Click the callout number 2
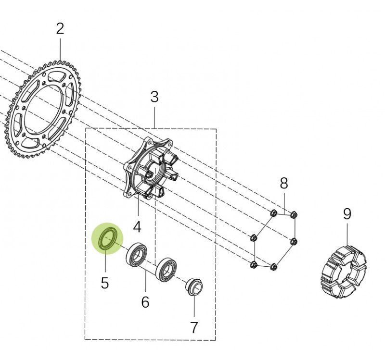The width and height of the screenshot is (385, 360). click(x=60, y=29)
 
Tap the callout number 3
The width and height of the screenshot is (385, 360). click(x=154, y=97)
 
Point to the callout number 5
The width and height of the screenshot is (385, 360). click(x=104, y=283)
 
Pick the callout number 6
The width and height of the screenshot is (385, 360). click(x=145, y=302)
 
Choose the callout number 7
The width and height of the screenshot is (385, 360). click(x=194, y=327)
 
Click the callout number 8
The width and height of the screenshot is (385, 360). click(x=284, y=183)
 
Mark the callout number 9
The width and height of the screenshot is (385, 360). click(x=347, y=214)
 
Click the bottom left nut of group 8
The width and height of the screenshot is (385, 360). click(x=254, y=263)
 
